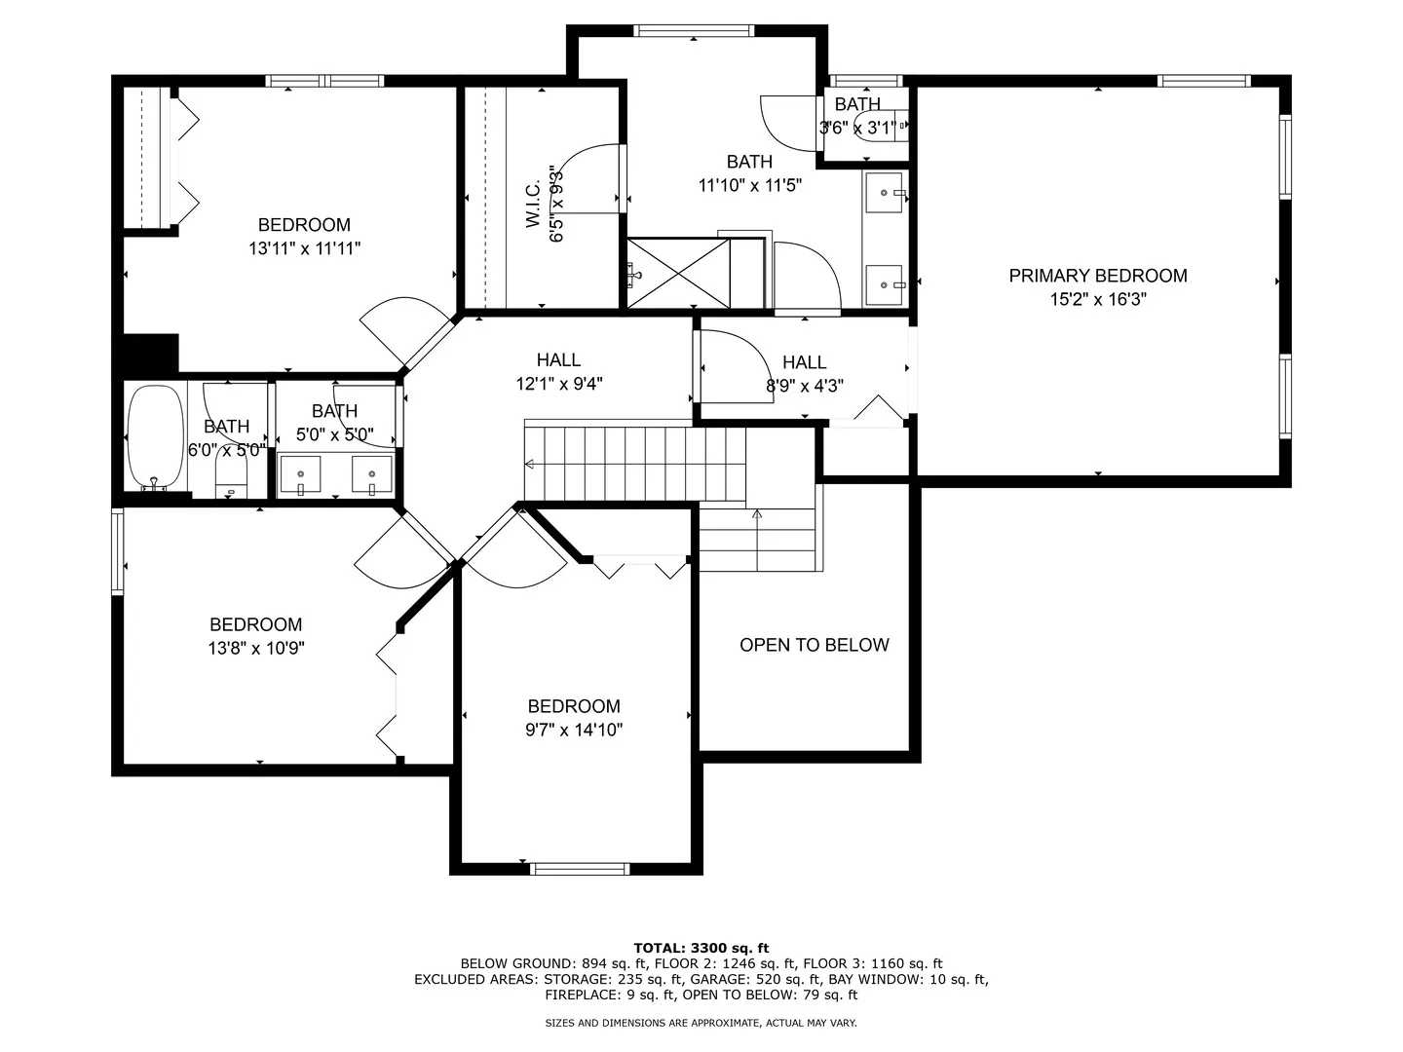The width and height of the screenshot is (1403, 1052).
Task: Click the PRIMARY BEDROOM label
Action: (1097, 276)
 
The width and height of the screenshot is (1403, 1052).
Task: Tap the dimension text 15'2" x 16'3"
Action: (1097, 299)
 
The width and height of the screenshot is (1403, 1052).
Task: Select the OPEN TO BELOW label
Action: (814, 645)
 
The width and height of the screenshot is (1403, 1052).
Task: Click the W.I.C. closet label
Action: (533, 204)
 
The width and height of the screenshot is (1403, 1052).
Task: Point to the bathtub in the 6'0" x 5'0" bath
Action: (155, 437)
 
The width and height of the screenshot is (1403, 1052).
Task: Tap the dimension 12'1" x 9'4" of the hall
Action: (558, 383)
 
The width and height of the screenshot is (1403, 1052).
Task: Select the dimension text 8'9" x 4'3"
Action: (804, 385)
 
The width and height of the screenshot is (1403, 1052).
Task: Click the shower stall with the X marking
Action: (678, 274)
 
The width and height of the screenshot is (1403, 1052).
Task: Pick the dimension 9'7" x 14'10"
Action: (573, 730)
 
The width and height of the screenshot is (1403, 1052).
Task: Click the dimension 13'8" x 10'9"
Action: (255, 648)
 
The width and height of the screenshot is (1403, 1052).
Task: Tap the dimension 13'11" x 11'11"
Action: (304, 247)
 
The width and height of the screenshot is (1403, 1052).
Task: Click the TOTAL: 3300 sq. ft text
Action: (701, 948)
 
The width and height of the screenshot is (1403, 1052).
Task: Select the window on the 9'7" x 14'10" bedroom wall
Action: (580, 869)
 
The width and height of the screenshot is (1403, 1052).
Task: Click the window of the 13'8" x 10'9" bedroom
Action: (117, 551)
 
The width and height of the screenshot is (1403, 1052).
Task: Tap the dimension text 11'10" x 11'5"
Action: (749, 185)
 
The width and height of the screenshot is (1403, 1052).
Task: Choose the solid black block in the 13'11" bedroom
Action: (150, 354)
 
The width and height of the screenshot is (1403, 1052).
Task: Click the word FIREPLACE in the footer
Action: (579, 995)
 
